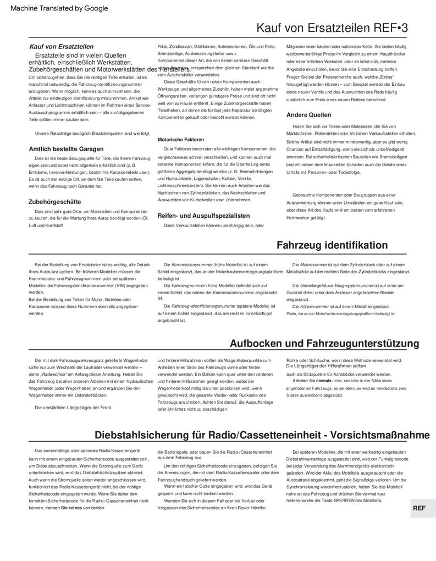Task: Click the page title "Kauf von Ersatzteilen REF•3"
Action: [332, 28]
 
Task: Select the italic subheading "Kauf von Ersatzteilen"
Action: [61, 47]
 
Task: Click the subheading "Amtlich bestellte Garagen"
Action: [66, 148]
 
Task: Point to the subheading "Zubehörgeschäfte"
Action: [54, 202]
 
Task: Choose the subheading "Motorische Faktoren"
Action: [180, 140]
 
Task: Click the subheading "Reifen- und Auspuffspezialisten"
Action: [203, 216]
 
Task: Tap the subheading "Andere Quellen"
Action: [308, 115]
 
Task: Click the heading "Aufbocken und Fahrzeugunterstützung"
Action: [324, 344]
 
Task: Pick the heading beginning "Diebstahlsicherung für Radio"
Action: [262, 435]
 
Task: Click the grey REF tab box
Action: [419, 508]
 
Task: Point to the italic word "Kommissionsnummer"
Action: [195, 265]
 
